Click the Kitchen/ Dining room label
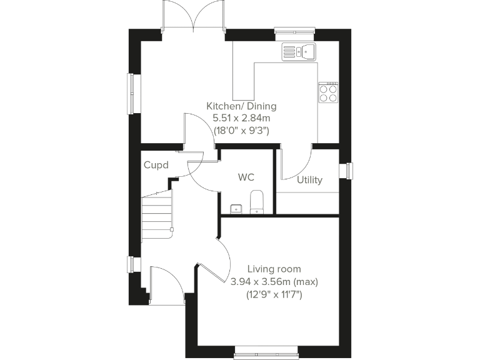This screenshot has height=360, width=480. pyautogui.click(x=241, y=106)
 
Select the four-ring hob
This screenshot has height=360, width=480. pyautogui.click(x=329, y=92)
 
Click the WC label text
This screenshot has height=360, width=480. pyautogui.click(x=246, y=177)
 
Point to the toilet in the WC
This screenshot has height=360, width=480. pyautogui.click(x=257, y=202)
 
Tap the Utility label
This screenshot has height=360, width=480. pyautogui.click(x=309, y=180)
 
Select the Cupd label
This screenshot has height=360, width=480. pyautogui.click(x=155, y=166)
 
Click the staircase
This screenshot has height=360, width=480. pyautogui.click(x=156, y=216)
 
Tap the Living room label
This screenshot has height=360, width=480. pyautogui.click(x=274, y=269)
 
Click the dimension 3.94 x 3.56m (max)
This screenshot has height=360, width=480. pyautogui.click(x=274, y=281)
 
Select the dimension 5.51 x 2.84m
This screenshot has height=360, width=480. pyautogui.click(x=241, y=119)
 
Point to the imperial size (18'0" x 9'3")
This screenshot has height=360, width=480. pyautogui.click(x=241, y=131)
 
